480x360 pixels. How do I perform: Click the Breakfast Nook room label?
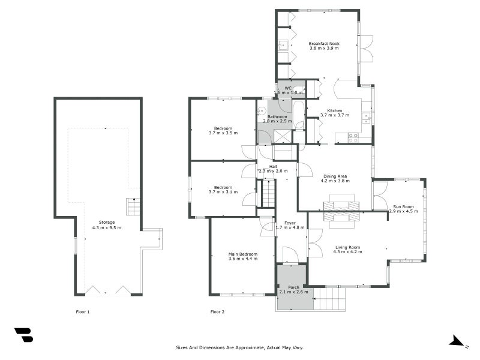point(324,43)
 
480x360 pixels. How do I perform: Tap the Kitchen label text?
point(335,110)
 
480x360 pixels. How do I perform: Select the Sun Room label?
point(403,206)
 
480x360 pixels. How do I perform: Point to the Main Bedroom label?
point(243,254)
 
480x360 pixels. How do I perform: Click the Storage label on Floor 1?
point(107,222)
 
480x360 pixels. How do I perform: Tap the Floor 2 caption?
point(217,312)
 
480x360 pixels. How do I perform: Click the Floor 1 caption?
point(83,312)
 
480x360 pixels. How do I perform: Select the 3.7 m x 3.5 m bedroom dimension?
point(223,133)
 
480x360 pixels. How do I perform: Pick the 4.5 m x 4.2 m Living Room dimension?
point(348,251)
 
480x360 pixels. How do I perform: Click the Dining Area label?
point(335,176)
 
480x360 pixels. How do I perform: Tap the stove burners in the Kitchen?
point(353,138)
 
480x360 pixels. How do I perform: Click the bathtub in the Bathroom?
point(298,114)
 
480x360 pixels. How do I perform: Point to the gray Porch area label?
point(293,287)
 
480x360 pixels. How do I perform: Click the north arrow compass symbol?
point(457,341)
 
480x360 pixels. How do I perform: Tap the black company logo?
point(23,335)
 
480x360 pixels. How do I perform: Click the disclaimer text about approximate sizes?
point(239,347)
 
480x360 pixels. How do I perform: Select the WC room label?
point(288,88)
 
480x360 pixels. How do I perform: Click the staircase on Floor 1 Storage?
point(133,206)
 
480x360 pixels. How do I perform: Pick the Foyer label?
point(290,223)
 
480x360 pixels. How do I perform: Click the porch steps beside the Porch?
point(329,299)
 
